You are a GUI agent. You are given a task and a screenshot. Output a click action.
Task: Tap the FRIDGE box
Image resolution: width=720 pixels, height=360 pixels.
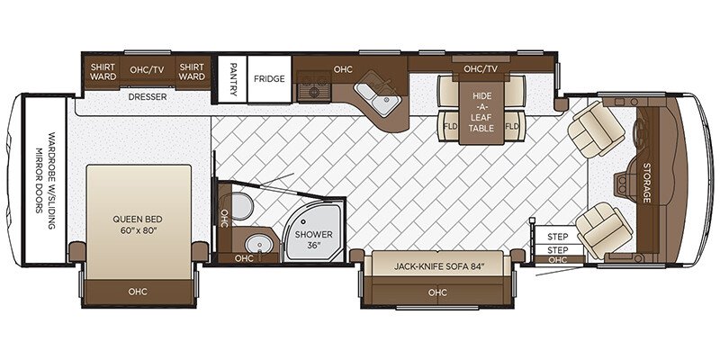tap(268, 79)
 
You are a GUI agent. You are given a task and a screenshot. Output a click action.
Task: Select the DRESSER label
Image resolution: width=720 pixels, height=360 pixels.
tap(148, 97)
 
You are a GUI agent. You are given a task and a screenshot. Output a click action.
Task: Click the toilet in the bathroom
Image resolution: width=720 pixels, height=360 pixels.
tap(238, 202)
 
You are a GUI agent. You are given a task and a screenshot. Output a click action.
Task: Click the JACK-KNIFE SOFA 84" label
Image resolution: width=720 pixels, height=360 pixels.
tap(438, 266)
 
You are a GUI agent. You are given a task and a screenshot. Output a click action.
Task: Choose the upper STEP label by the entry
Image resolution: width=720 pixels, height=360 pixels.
tap(557, 236)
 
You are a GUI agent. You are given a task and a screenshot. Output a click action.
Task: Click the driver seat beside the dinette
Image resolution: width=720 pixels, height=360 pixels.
tap(594, 129)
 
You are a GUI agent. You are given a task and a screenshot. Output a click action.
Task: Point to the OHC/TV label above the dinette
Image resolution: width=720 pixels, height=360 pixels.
tap(480, 69)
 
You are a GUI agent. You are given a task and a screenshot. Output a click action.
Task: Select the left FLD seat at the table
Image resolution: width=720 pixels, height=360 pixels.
tap(450, 126)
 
